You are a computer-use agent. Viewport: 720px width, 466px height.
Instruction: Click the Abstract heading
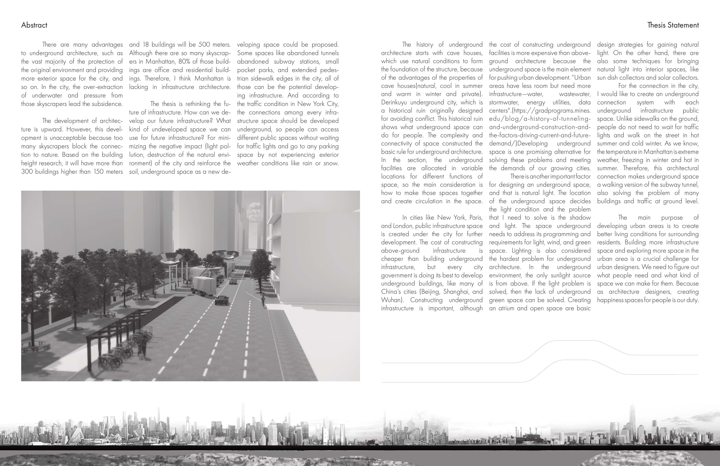(34, 25)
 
